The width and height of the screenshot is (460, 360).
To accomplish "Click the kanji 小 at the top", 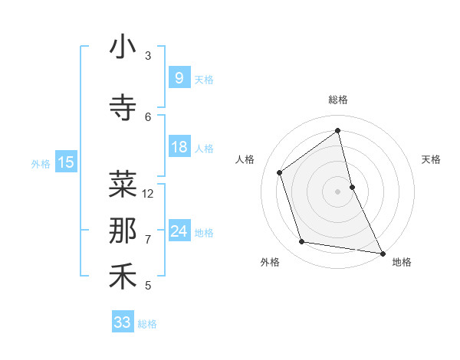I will point(123,47).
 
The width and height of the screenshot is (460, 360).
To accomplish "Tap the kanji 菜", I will point(123,184).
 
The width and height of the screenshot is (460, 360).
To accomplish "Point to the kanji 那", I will point(123,231).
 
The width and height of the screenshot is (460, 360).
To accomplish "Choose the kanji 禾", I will point(123,277).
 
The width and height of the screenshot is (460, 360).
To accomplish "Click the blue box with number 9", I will point(179,77).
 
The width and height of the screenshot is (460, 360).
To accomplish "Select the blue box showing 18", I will point(179,147).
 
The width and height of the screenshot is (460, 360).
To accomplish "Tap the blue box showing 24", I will point(179,231).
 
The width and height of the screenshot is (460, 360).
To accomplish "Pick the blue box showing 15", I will point(65,162).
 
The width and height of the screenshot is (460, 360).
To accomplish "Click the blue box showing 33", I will point(122,322).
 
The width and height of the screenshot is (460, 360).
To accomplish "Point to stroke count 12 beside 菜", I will point(148,194).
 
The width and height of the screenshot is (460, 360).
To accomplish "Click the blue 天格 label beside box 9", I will point(204,79).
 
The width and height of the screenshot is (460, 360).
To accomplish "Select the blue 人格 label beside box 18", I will point(204,149).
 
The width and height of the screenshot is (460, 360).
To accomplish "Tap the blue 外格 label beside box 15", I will point(40,163).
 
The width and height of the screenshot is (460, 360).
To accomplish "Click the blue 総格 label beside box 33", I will point(147,324).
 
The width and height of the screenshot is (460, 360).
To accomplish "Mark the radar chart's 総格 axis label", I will point(337,100).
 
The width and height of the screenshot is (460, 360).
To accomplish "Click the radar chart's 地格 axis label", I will point(402,262).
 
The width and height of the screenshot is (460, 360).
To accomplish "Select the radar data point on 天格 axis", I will point(352,186).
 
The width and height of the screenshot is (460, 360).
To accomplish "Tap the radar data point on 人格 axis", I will point(280,172).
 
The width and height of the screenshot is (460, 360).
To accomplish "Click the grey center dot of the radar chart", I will point(337,191).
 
